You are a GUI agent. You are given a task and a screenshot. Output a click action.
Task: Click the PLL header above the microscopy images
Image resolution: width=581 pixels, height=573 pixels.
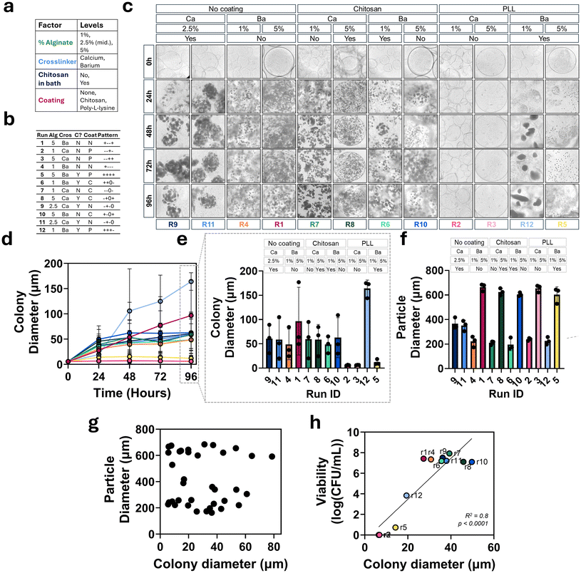click(509, 9)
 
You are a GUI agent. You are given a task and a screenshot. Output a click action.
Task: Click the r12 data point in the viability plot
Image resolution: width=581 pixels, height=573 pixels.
click(407, 495)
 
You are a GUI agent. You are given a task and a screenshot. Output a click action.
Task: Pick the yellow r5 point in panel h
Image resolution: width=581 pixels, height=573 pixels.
click(395, 527)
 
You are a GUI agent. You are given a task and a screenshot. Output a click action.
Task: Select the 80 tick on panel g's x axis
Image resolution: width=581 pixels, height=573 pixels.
click(272, 546)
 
